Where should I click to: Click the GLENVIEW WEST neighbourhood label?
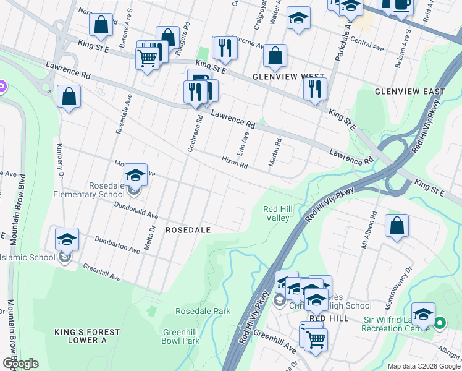[288, 77]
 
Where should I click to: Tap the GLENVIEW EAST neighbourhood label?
[409, 92]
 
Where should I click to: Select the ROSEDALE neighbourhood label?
[188, 229]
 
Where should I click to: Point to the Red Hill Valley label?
[277, 213]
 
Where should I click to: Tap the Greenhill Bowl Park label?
[180, 336]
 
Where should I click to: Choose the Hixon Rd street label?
[235, 162]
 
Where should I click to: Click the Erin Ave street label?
[243, 146]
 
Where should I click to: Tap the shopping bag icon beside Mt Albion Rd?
[397, 226]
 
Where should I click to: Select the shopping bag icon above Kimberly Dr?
[69, 96]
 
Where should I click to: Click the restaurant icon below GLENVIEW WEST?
[315, 88]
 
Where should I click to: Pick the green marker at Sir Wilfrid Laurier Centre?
[440, 323]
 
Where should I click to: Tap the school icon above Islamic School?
[67, 239]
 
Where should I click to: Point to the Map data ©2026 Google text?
[423, 366]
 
